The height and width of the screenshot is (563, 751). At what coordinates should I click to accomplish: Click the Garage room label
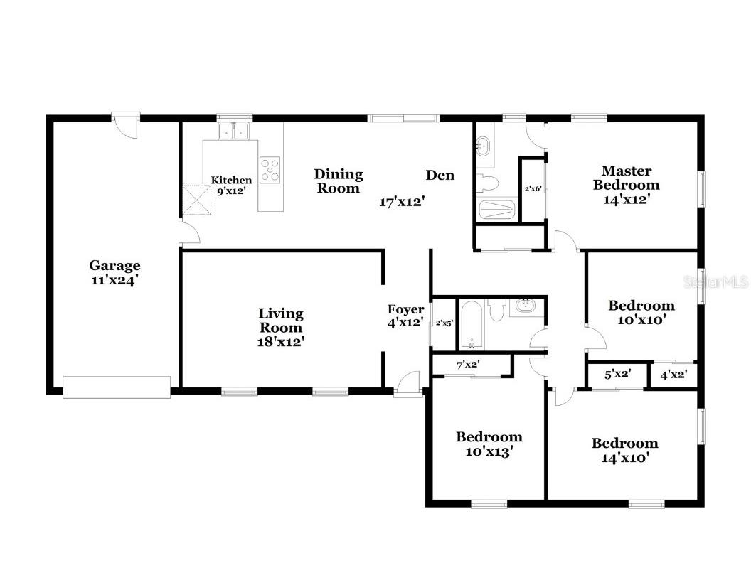[x=114, y=272]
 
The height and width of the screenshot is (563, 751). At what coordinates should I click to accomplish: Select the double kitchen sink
[x=233, y=131]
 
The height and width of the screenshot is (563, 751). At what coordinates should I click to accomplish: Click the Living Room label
[x=281, y=327]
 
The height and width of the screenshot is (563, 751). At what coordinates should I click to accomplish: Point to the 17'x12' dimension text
[x=402, y=202]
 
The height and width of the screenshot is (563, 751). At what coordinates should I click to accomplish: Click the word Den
[x=440, y=175]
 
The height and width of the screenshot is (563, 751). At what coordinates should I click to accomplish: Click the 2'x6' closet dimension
[x=533, y=189]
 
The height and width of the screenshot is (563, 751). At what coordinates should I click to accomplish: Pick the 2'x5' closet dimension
[x=444, y=323]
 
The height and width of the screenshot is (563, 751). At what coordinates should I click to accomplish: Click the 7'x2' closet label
[x=468, y=365]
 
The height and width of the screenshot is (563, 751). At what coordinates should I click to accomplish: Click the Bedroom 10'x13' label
[x=489, y=444]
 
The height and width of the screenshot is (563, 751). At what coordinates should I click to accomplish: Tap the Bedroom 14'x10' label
[x=625, y=450]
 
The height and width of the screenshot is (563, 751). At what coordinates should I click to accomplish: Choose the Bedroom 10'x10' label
[x=641, y=313]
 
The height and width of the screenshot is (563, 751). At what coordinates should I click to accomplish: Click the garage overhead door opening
[x=117, y=387]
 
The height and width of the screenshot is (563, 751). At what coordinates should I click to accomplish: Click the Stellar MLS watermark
[x=716, y=282]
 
